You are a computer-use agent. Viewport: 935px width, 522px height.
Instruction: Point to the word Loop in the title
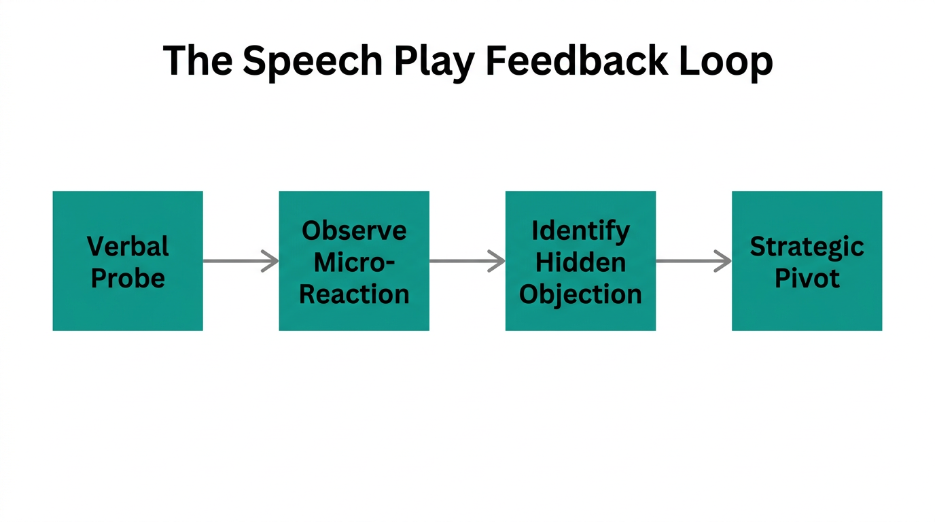[733, 61]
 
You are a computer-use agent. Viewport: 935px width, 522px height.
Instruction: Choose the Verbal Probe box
[128, 261]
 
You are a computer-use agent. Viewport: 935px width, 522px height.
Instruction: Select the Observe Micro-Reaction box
[354, 261]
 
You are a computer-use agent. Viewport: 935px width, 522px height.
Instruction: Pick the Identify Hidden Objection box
[580, 261]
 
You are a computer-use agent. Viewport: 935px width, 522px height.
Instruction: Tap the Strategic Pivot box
[807, 261]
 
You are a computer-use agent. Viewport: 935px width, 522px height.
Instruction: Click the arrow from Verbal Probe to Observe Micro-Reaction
[241, 261]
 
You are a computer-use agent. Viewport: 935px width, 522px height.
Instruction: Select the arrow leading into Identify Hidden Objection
[467, 261]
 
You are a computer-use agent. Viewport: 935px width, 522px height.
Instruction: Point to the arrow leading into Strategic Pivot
[693, 261]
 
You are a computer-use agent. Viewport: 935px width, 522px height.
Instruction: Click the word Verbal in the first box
[128, 245]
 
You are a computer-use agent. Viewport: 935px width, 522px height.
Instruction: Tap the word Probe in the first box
[128, 278]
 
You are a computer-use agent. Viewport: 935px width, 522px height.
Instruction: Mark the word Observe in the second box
[354, 230]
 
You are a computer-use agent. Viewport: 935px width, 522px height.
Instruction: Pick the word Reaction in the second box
[354, 294]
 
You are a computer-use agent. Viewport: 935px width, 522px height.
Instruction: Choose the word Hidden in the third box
[580, 262]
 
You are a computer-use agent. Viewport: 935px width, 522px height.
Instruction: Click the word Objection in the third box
[580, 294]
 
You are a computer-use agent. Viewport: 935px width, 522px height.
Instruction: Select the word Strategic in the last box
[807, 247]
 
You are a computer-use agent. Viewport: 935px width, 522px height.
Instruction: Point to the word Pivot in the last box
[807, 278]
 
